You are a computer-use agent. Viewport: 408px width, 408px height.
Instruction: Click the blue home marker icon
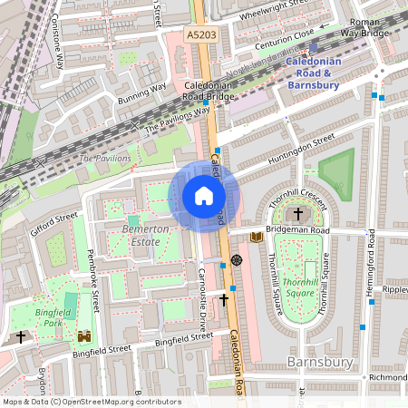pyautogui.click(x=204, y=196)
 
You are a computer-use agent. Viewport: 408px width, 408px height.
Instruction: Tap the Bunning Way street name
pyautogui.click(x=143, y=90)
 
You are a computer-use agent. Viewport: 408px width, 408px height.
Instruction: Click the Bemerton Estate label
pyautogui.click(x=145, y=236)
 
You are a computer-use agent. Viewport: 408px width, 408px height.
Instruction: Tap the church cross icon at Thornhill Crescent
pyautogui.click(x=299, y=214)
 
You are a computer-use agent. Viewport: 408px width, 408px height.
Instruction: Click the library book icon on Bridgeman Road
pyautogui.click(x=257, y=237)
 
